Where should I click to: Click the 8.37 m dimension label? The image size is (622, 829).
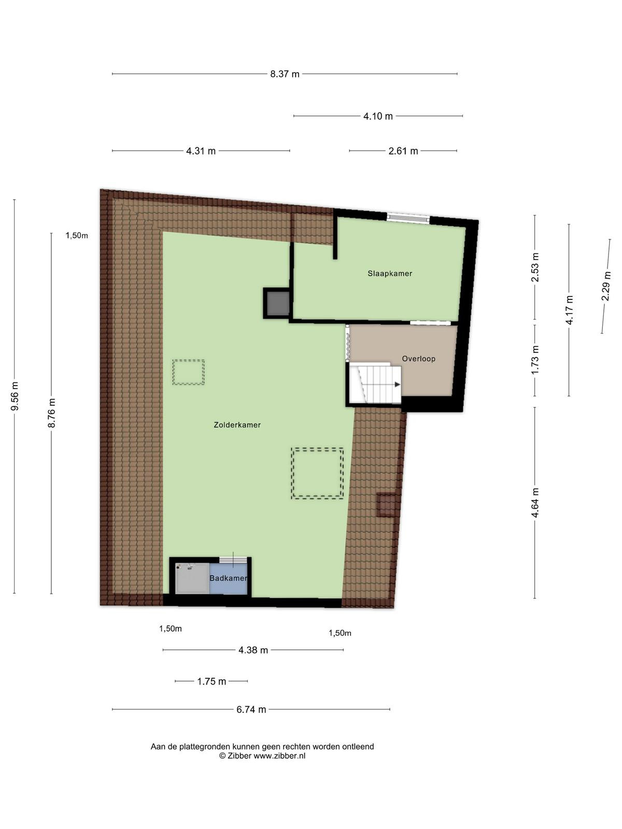coord(285,74)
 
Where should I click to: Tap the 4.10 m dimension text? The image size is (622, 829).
coord(378,117)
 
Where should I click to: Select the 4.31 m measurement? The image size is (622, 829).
coord(201,151)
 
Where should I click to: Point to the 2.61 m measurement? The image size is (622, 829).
coord(403,151)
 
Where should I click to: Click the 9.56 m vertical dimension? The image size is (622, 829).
coord(15,396)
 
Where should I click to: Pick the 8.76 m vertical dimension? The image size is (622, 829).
coord(52,413)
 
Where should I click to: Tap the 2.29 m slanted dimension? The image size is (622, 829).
coord(606,286)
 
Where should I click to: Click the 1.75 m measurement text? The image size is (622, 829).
coord(211,681)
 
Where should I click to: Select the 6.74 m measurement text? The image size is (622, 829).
coord(251,710)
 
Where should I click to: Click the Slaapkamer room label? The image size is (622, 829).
coord(390,274)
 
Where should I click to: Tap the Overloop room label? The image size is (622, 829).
coord(418,359)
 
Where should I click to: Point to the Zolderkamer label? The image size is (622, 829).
coord(237,425)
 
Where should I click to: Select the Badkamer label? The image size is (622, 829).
coord(229,578)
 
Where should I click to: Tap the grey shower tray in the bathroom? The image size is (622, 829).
coord(192,578)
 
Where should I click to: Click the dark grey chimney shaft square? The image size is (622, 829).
coord(278,303)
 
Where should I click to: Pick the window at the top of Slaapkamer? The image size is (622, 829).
coord(408,218)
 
